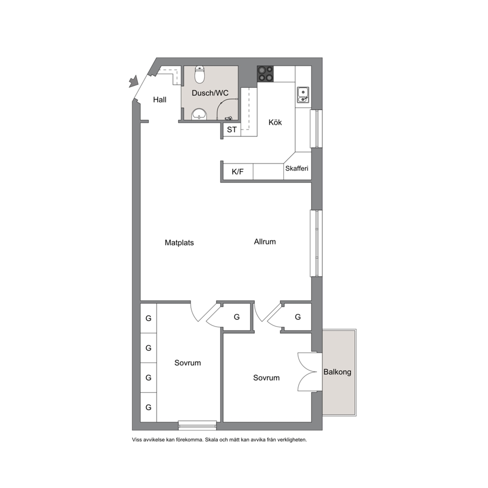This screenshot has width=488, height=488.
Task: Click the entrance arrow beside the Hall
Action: (x=133, y=82)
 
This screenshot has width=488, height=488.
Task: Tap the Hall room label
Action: (x=160, y=99)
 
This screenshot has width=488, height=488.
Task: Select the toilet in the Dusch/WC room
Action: (x=200, y=75)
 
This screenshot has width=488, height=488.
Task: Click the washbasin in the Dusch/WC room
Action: (x=199, y=114)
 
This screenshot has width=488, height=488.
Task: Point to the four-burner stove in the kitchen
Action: (x=265, y=74)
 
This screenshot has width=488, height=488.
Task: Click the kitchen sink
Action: (x=303, y=94)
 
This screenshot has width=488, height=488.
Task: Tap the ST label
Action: (x=232, y=130)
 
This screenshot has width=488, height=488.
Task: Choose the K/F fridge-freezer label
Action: (x=238, y=172)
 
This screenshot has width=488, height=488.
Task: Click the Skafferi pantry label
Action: (x=297, y=168)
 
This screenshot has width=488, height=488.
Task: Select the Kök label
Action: (x=275, y=122)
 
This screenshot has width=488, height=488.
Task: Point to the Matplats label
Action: (x=179, y=243)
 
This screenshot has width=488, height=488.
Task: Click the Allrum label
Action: (x=265, y=242)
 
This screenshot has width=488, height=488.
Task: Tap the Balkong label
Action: (x=337, y=372)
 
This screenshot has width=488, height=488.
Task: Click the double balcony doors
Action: (x=310, y=371)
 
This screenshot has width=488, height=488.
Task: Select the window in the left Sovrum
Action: (x=197, y=425)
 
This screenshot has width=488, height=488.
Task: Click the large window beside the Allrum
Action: (x=316, y=244)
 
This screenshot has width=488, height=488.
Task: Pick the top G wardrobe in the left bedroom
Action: (x=149, y=318)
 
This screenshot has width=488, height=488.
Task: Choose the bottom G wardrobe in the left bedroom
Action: (x=149, y=407)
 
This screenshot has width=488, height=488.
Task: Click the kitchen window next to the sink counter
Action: (x=316, y=128)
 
